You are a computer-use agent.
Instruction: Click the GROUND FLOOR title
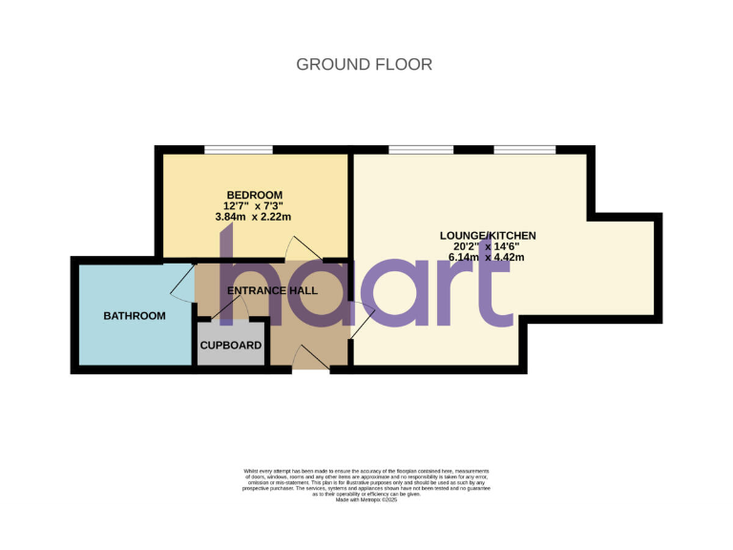pyautogui.click(x=364, y=65)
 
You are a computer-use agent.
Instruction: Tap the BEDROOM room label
pyautogui.click(x=254, y=195)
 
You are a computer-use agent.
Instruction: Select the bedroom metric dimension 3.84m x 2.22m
pyautogui.click(x=254, y=217)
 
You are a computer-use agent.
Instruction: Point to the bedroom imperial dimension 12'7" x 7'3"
pyautogui.click(x=254, y=206)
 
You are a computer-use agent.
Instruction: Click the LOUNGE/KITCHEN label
pyautogui.click(x=487, y=235)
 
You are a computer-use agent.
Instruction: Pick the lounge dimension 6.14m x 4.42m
pyautogui.click(x=487, y=257)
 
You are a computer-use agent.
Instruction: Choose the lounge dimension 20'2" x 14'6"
pyautogui.click(x=487, y=246)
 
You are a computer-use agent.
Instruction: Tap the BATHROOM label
pyautogui.click(x=135, y=316)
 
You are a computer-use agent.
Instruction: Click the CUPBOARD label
pyautogui.click(x=231, y=345)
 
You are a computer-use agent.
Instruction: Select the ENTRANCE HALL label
pyautogui.click(x=272, y=290)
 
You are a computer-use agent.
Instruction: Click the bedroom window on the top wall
pyautogui.click(x=238, y=149)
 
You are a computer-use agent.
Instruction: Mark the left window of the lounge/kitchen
pyautogui.click(x=420, y=149)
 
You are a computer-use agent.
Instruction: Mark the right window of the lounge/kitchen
pyautogui.click(x=525, y=149)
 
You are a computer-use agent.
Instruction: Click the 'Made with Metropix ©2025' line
pyautogui.click(x=366, y=499)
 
